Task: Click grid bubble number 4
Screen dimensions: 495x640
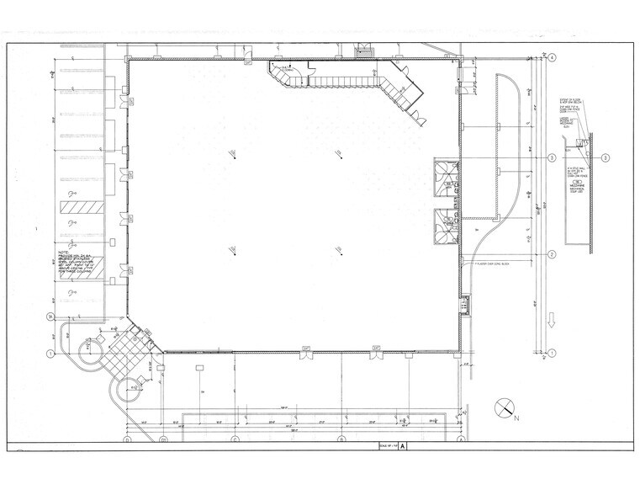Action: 553,58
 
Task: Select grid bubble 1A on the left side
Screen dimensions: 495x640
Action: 50,317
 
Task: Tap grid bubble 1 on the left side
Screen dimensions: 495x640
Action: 50,353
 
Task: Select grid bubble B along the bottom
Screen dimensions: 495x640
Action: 341,440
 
